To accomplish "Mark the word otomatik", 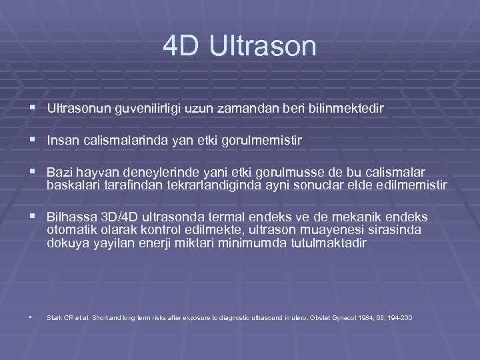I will tap(69, 230).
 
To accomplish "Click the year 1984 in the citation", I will tap(372, 318).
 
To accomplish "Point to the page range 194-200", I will tap(400, 318).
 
